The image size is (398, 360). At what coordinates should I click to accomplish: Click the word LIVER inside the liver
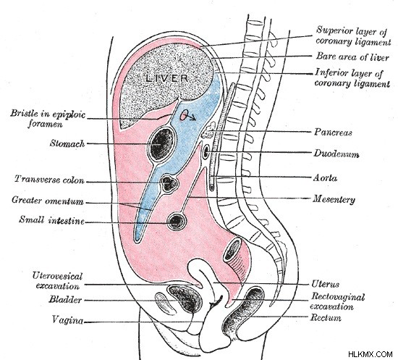[167, 78]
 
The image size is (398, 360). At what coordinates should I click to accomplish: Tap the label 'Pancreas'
[333, 132]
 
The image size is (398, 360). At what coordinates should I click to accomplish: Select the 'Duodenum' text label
[336, 154]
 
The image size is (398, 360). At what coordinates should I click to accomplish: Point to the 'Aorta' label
[325, 177]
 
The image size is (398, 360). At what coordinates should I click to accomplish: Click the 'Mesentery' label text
[334, 199]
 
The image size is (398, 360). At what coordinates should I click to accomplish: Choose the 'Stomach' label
[67, 143]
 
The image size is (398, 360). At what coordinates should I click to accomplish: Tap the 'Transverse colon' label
[49, 179]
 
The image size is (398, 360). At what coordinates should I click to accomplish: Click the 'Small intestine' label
[51, 219]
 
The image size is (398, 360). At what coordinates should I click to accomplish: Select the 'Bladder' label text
[65, 299]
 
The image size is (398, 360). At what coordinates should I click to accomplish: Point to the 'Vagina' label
[67, 319]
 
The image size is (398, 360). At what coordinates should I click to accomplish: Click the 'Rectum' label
[326, 317]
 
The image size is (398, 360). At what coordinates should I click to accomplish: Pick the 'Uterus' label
[325, 284]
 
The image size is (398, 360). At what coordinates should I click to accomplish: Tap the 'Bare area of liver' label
[352, 56]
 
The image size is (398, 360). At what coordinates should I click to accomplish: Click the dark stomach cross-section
[161, 144]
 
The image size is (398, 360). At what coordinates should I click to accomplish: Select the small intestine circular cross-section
[177, 221]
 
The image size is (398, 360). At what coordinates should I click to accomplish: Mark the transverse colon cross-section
[169, 183]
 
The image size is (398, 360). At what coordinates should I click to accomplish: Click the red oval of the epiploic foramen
[184, 115]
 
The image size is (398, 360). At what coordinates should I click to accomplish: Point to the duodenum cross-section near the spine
[206, 151]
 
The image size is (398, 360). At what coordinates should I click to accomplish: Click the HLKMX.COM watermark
[371, 353]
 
